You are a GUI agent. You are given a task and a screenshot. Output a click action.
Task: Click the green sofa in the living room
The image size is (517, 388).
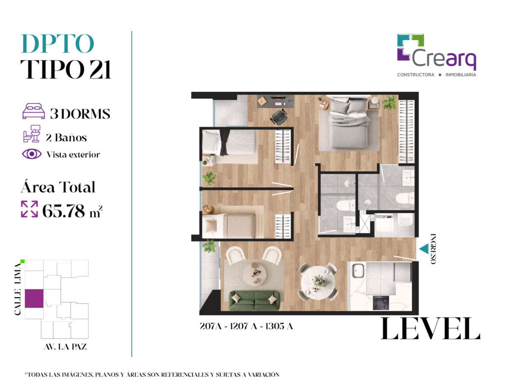254,300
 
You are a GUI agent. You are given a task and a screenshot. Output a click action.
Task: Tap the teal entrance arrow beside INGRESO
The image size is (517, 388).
424,249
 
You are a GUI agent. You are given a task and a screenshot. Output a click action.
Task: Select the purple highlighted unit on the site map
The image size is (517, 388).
34,299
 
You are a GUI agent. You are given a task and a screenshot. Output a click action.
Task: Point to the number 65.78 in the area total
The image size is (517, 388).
63,211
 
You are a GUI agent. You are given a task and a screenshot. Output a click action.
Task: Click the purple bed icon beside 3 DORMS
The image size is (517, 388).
33,111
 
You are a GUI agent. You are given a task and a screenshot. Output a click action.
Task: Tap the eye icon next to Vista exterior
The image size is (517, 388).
32,154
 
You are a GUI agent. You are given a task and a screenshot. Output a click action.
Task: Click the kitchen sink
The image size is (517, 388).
358,271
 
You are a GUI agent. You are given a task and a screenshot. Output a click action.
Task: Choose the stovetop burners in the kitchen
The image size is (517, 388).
381,303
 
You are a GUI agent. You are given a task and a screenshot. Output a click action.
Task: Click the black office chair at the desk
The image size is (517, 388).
279,117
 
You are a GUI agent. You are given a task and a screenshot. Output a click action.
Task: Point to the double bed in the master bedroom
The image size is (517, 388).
349,122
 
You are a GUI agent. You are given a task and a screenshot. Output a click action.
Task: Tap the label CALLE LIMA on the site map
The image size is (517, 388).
18,289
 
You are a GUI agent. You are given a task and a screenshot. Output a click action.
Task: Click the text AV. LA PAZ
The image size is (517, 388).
65,347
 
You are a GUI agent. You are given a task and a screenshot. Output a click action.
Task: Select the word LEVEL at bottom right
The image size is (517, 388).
430,328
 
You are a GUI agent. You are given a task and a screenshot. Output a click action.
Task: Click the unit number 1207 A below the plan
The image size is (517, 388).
243,326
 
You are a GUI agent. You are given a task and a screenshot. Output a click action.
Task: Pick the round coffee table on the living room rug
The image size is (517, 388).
254,273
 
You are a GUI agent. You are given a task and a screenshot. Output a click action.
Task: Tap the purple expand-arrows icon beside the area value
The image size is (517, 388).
29,209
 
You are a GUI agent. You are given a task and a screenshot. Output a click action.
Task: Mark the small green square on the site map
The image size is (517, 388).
22,262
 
